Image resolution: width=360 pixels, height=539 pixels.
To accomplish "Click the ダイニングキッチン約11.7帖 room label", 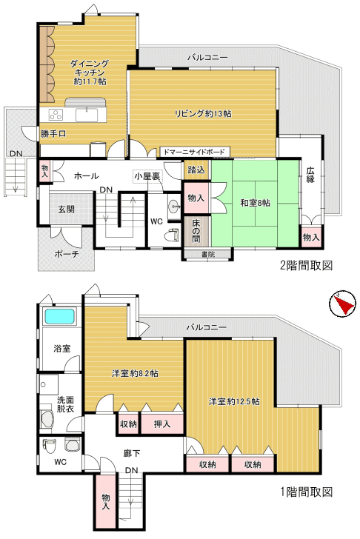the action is point(90,73).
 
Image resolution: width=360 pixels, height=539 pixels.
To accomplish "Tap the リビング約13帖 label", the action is point(203,114).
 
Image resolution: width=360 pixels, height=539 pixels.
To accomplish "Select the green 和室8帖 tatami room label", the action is point(255,203).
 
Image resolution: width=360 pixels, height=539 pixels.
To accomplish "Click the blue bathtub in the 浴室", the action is point(59,316).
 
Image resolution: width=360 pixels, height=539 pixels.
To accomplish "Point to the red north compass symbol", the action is point(344,304).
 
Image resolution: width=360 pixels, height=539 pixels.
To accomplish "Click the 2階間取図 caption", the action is point(307,265).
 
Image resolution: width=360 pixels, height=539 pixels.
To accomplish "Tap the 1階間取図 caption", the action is point(307,492).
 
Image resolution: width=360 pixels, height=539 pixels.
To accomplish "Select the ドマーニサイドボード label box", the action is point(195,152).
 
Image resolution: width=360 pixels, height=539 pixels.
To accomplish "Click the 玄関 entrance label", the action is point(67,210).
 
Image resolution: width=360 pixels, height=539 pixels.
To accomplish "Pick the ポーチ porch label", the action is point(67,254).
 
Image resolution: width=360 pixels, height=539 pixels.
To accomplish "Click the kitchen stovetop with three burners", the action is point(56,115).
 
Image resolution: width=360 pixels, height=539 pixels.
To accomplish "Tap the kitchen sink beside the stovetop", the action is point(87,115).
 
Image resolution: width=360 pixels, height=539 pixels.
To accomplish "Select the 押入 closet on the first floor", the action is point(162,423).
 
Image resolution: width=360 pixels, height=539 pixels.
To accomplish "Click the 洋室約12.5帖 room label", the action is point(234,401).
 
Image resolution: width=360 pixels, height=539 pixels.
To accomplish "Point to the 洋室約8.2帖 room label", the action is point(135,373).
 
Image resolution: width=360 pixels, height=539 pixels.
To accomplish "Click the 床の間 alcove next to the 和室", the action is point(196,231).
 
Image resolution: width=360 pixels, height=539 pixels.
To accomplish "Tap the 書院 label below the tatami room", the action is point(208,255).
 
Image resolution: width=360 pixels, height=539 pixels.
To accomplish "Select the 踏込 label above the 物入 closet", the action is point(196,170).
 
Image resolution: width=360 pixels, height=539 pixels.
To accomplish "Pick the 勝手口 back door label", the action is point(53,134).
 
